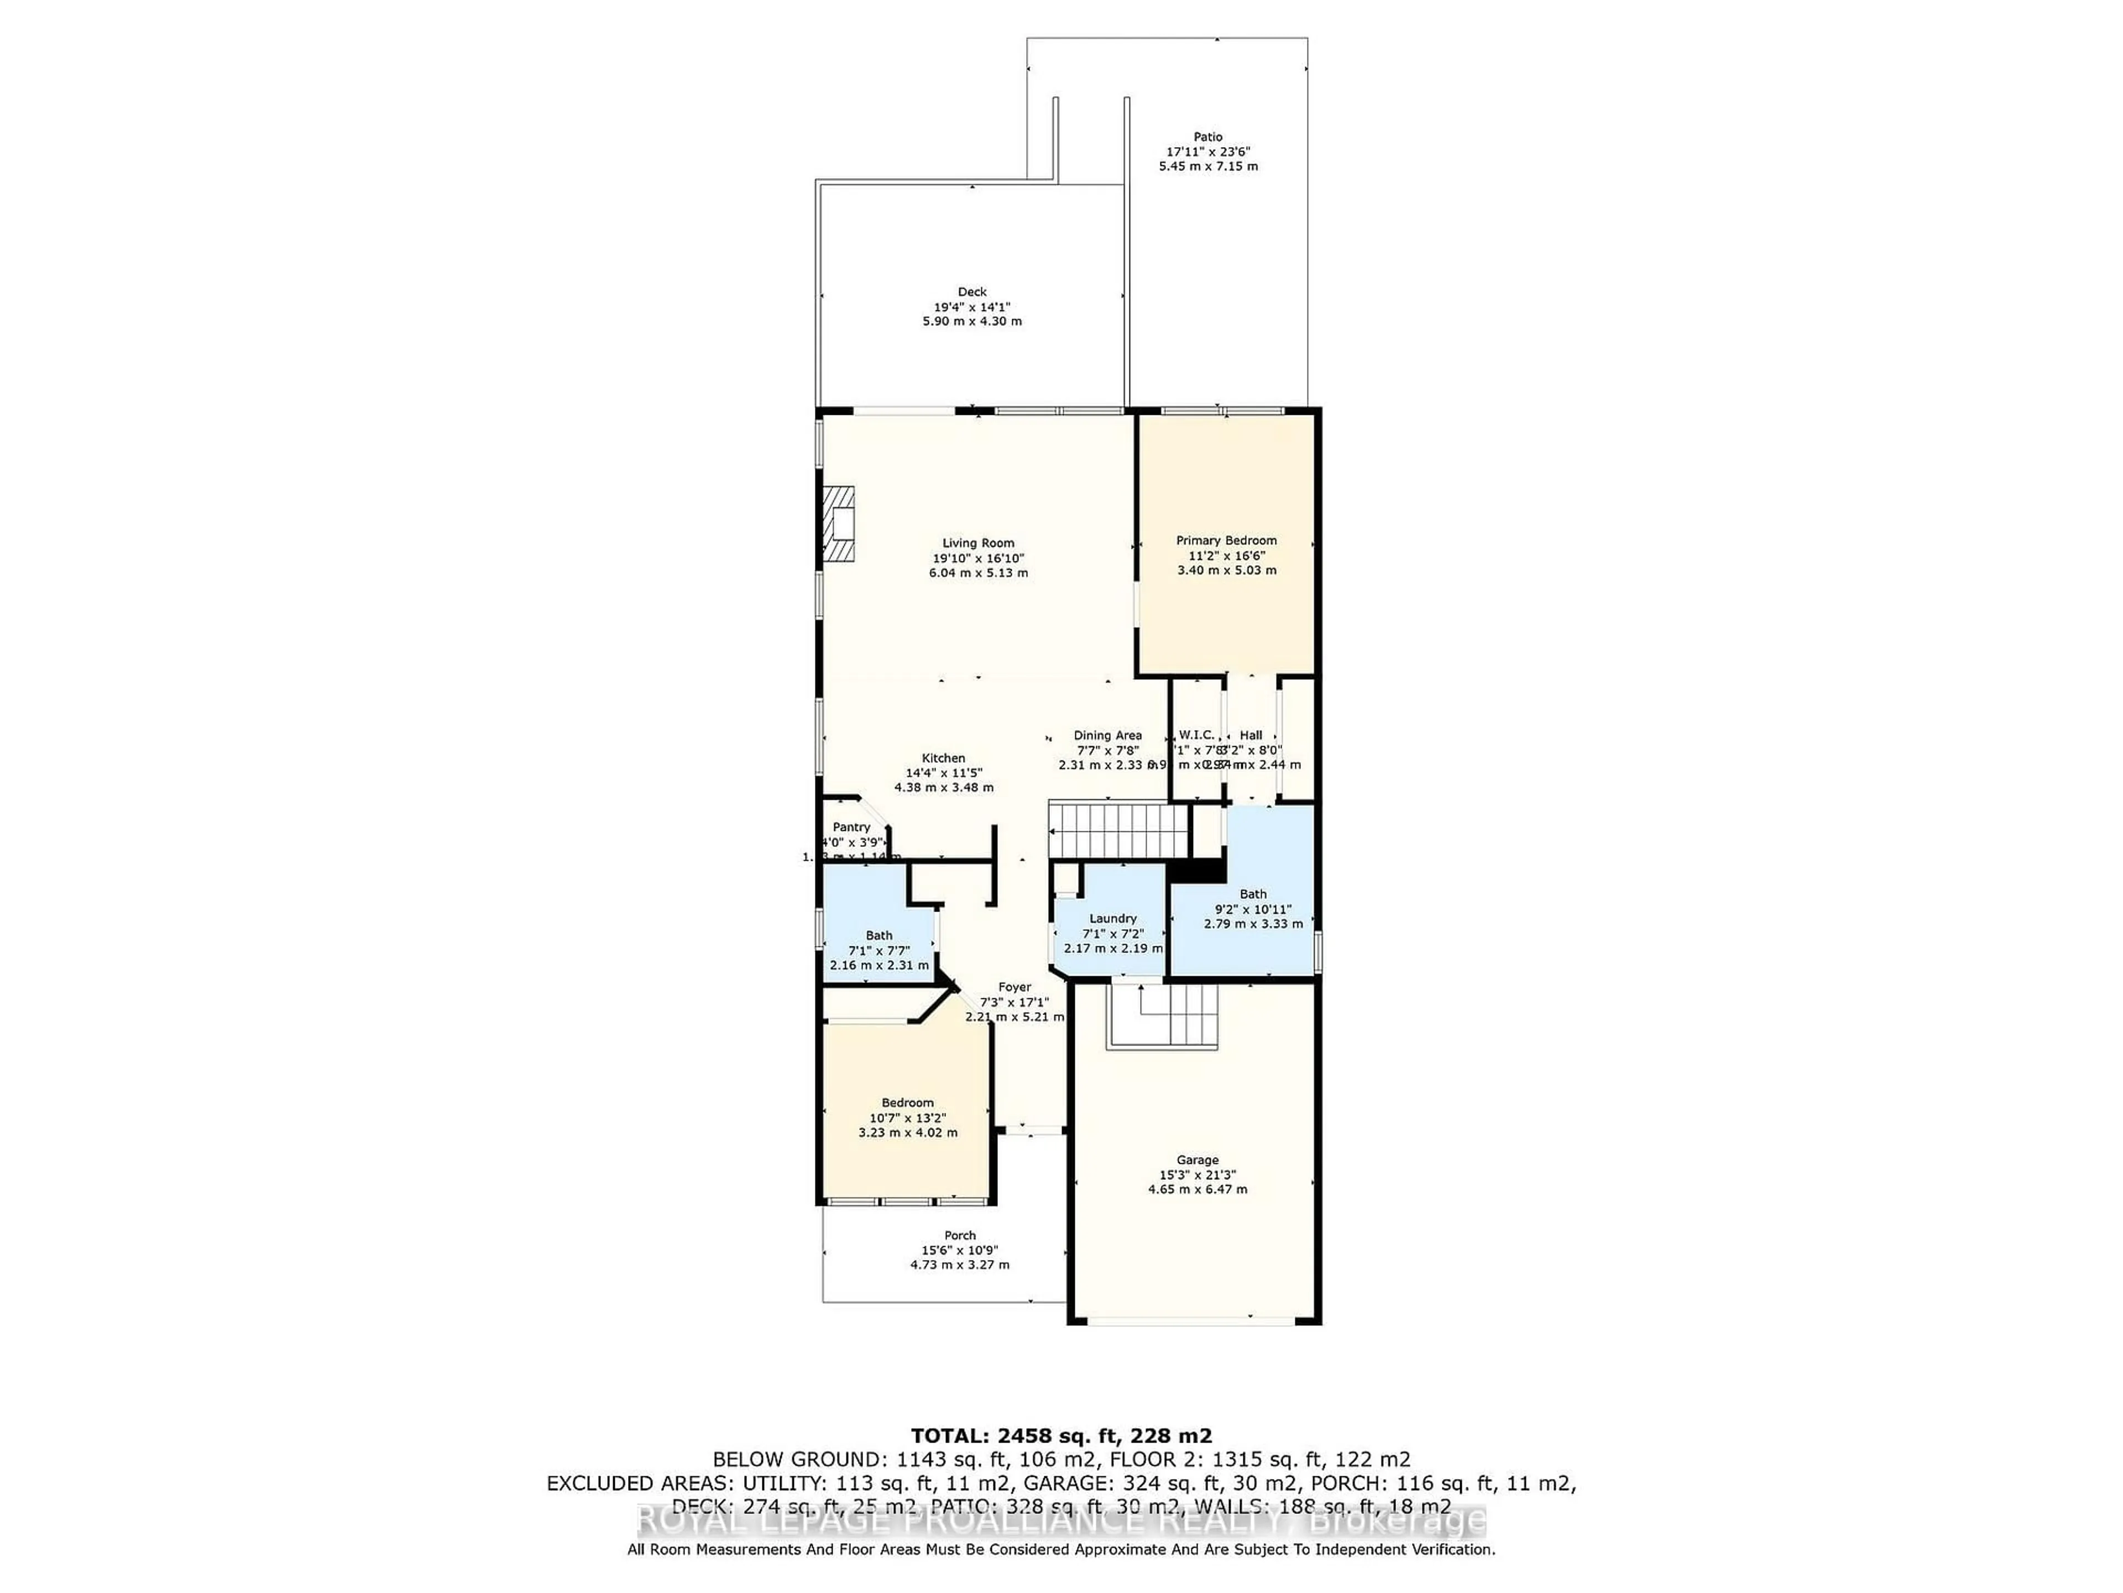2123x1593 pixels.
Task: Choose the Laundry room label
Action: pyautogui.click(x=1112, y=918)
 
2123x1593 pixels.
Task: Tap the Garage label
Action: pyautogui.click(x=1197, y=1160)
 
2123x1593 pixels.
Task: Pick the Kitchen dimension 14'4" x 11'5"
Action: pyautogui.click(x=943, y=773)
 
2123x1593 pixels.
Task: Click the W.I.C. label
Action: pyautogui.click(x=1196, y=735)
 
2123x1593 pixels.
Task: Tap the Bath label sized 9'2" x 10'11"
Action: pyautogui.click(x=1252, y=894)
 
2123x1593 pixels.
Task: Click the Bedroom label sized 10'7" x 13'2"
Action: pyautogui.click(x=907, y=1103)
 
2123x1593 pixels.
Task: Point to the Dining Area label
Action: pyautogui.click(x=1107, y=736)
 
